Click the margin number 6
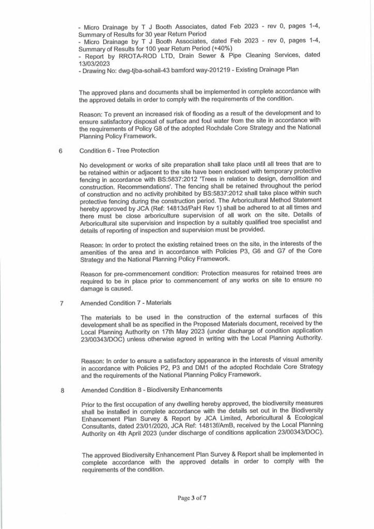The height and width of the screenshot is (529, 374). pyautogui.click(x=60, y=151)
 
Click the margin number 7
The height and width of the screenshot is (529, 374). pyautogui.click(x=61, y=303)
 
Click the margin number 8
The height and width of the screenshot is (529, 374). pyautogui.click(x=62, y=390)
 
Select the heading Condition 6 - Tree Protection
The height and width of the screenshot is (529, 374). pyautogui.click(x=119, y=151)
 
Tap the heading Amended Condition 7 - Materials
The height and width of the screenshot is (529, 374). pyautogui.click(x=127, y=303)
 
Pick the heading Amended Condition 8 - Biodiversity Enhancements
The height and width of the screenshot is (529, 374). pyautogui.click(x=152, y=390)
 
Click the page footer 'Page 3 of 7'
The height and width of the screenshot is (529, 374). pyautogui.click(x=192, y=499)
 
